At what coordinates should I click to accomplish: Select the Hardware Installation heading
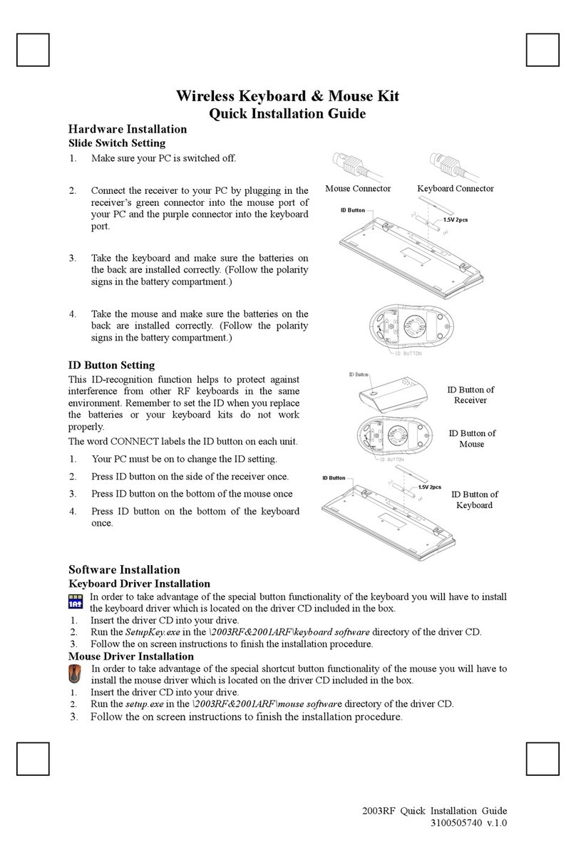click(x=127, y=129)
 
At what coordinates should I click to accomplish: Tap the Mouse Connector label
click(x=358, y=189)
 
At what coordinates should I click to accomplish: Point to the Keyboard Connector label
click(x=455, y=189)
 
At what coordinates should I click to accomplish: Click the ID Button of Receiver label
click(x=470, y=395)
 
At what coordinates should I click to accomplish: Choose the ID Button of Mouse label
click(x=471, y=438)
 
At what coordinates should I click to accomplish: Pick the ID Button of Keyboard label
click(x=474, y=499)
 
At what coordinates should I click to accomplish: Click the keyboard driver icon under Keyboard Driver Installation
click(x=76, y=602)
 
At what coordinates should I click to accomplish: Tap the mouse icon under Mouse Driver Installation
click(x=76, y=673)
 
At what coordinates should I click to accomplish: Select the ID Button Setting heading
click(x=111, y=366)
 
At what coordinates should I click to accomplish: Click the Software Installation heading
click(x=124, y=569)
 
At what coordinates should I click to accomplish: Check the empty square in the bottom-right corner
click(x=542, y=758)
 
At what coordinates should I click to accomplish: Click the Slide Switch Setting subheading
click(x=116, y=143)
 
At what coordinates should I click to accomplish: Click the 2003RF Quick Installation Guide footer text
click(x=435, y=811)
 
